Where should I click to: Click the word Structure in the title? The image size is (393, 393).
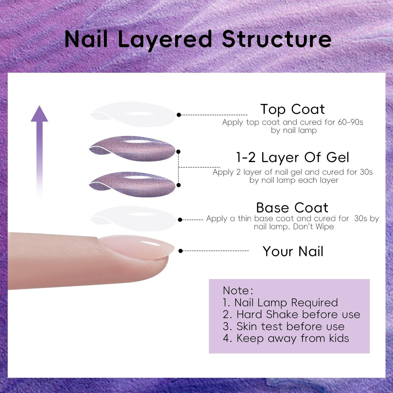pos(277,39)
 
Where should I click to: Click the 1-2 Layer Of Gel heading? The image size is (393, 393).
pos(292,157)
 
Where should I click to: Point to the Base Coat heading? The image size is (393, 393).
pos(292,208)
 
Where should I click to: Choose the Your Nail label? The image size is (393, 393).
pos(293,251)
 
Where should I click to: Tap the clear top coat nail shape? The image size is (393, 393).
pos(133,115)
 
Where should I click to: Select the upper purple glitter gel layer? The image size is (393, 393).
pos(132,148)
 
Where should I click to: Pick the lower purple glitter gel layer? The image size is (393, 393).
pos(132,185)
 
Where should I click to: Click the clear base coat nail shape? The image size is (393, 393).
pos(133,219)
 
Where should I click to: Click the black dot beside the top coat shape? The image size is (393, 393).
pos(179,115)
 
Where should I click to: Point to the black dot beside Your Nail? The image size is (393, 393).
pos(181,251)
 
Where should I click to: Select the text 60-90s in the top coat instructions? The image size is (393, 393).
pos(351,122)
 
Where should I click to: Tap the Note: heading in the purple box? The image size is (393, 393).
pos(238,290)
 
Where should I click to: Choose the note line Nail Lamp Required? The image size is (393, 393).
pos(280,302)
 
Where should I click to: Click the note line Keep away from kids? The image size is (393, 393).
pos(286,338)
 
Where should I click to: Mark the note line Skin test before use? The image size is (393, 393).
pos(284,326)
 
